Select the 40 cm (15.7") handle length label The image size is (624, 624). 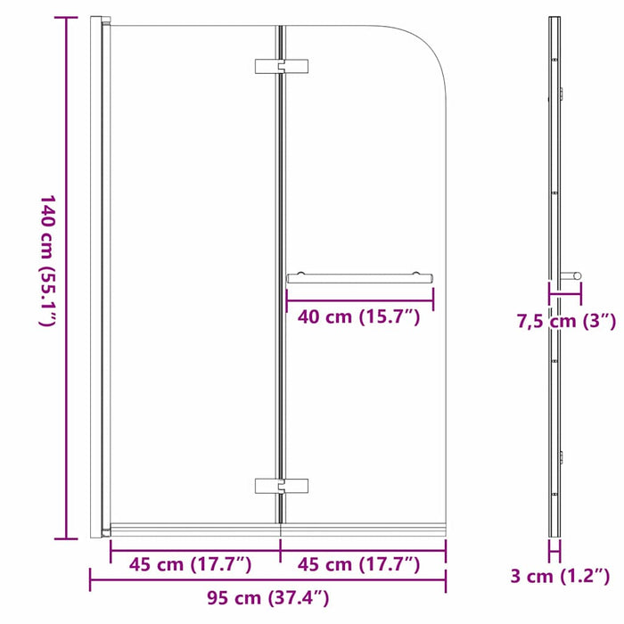point(359,317)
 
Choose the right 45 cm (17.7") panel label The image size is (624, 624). point(360,563)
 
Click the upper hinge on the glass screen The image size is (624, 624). point(281,68)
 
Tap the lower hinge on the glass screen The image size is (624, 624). point(281,486)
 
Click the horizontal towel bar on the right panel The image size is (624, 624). point(360,278)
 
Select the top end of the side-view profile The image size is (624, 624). point(554,20)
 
